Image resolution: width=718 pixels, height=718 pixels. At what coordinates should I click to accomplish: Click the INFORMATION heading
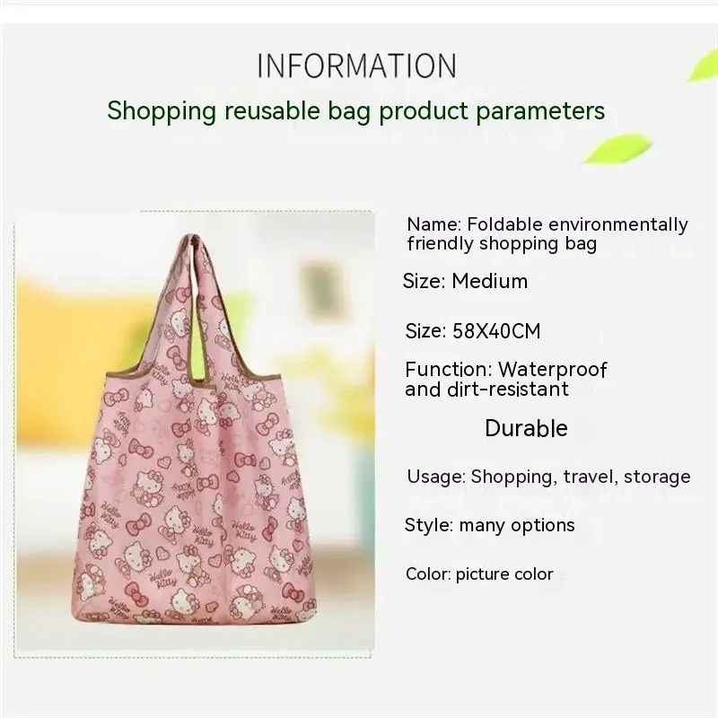356,66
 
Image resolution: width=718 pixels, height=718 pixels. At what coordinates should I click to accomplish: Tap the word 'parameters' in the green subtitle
541,111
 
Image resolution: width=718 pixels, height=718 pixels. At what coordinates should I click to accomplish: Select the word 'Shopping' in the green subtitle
162,111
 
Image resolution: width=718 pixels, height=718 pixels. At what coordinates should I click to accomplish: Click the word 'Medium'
489,281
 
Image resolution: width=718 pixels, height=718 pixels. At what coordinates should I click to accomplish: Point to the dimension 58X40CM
496,331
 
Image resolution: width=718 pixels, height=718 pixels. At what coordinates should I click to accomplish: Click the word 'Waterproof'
553,370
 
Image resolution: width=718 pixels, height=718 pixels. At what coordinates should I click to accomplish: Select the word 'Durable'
526,429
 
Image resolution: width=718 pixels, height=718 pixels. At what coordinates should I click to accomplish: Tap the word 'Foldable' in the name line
504,225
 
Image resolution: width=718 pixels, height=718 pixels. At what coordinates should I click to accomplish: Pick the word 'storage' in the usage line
657,477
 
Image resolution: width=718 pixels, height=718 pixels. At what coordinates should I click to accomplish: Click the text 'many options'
517,526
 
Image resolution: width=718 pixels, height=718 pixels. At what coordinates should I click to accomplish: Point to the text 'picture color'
504,574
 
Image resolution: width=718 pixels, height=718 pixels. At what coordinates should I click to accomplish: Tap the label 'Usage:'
436,477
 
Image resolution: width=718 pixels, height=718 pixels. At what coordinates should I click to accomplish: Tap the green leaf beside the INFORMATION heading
703,66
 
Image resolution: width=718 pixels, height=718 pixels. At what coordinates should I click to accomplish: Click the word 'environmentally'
618,225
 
